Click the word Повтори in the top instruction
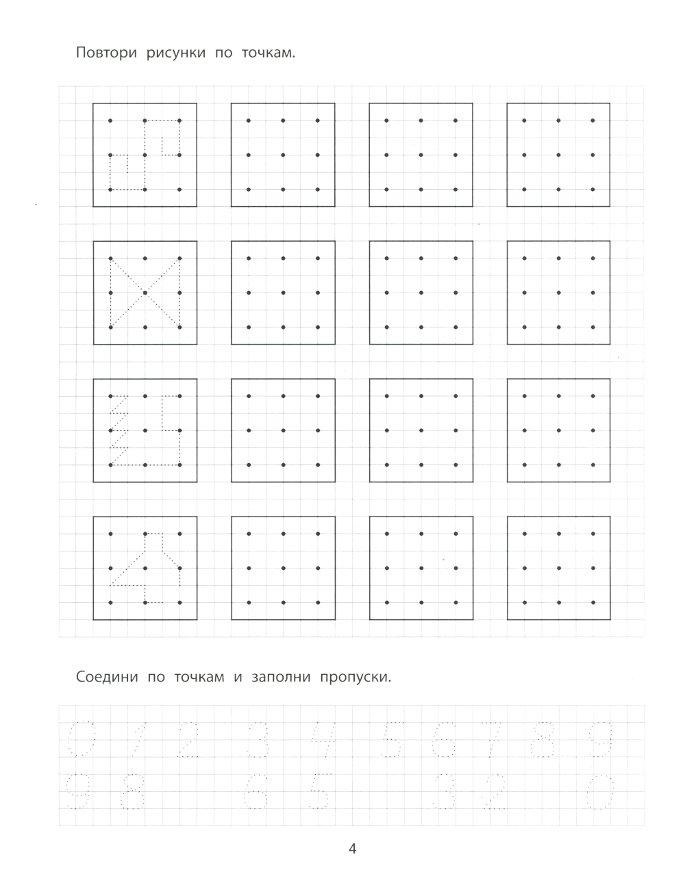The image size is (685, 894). click(x=106, y=54)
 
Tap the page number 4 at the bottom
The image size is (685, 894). click(x=353, y=849)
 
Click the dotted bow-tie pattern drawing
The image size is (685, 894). click(x=145, y=293)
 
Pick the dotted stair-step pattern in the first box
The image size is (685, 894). click(x=145, y=155)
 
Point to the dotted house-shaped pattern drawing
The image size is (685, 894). click(x=145, y=568)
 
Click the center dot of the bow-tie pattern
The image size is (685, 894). click(x=145, y=293)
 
